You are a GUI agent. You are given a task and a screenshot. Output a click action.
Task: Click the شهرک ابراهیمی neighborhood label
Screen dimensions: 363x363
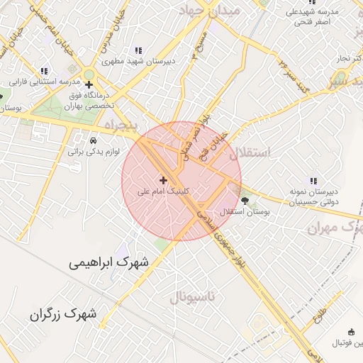click(109, 262)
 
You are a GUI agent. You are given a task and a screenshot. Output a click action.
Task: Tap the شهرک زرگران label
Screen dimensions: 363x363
click(63, 313)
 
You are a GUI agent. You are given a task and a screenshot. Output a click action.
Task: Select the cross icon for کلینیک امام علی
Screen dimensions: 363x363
click(164, 180)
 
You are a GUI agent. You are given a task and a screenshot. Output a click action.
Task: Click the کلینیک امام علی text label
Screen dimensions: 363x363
click(164, 191)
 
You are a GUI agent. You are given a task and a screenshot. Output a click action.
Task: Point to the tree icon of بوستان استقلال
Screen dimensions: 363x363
click(245, 201)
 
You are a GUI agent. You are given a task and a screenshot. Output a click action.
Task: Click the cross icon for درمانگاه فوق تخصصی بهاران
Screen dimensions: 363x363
click(89, 85)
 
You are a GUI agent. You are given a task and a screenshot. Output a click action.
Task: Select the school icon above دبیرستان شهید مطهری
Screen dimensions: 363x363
click(138, 50)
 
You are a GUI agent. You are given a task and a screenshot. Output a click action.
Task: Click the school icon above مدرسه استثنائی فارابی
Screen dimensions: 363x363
click(44, 71)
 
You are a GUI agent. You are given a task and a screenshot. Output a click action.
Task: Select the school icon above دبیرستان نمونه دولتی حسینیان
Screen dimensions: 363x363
click(313, 181)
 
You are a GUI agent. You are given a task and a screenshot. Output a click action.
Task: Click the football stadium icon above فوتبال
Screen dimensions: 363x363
click(350, 332)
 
